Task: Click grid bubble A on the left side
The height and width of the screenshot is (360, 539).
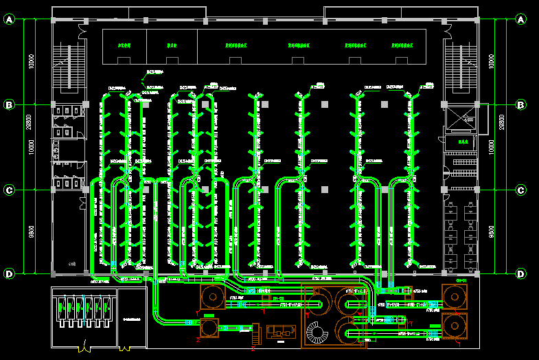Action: pos(10,20)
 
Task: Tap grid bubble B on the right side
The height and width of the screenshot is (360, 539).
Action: pos(521,104)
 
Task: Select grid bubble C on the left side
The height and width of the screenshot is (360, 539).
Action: pos(10,190)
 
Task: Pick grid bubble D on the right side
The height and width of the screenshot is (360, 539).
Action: pos(521,274)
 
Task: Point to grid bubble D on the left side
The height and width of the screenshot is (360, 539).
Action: pos(10,274)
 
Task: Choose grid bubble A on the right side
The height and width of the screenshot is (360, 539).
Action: pos(521,20)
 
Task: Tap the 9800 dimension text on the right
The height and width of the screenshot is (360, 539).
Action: pos(490,232)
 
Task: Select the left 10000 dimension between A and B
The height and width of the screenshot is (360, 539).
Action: pos(32,62)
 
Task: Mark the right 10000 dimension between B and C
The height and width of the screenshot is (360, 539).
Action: pos(490,147)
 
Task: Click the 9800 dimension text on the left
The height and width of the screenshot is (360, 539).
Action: pos(32,232)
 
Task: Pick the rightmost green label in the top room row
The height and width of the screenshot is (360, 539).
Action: pos(402,47)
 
